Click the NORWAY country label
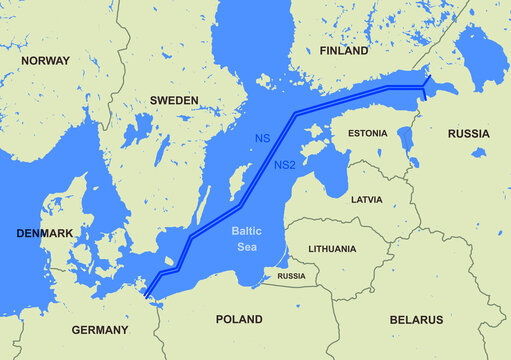click(x=46, y=61)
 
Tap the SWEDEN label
click(x=174, y=101)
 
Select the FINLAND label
click(x=344, y=50)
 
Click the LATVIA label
click(x=366, y=200)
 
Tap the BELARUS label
click(x=415, y=320)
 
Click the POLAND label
click(x=239, y=320)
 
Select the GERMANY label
click(x=99, y=330)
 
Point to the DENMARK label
click(x=45, y=233)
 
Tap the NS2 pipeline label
click(x=285, y=165)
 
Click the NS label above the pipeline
click(x=262, y=137)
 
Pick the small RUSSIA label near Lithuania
click(x=291, y=276)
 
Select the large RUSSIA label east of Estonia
click(x=468, y=133)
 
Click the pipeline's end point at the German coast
click(x=147, y=296)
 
